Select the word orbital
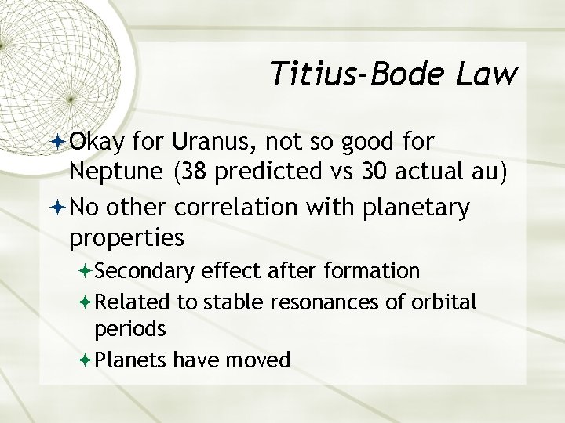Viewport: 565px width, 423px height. coord(447,302)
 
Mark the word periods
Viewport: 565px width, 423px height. coord(130,329)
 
